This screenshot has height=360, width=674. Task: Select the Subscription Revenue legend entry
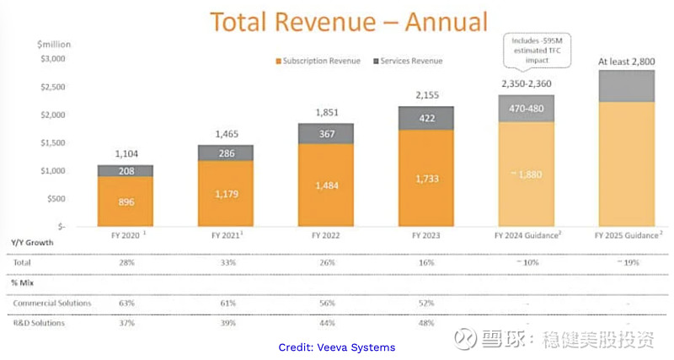pos(317,61)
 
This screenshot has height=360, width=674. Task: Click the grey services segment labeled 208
pos(125,170)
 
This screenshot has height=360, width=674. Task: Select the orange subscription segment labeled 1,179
pos(225,194)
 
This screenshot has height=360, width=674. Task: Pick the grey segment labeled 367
pos(326,133)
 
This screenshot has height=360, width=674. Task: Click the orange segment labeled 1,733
pos(426,179)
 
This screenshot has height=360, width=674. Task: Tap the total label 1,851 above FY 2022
pos(326,113)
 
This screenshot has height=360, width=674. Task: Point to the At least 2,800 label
pos(627,62)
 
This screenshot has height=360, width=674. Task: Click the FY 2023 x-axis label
pos(426,238)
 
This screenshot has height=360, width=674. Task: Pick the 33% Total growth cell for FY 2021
pos(225,262)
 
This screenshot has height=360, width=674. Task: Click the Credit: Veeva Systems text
pos(336,347)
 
